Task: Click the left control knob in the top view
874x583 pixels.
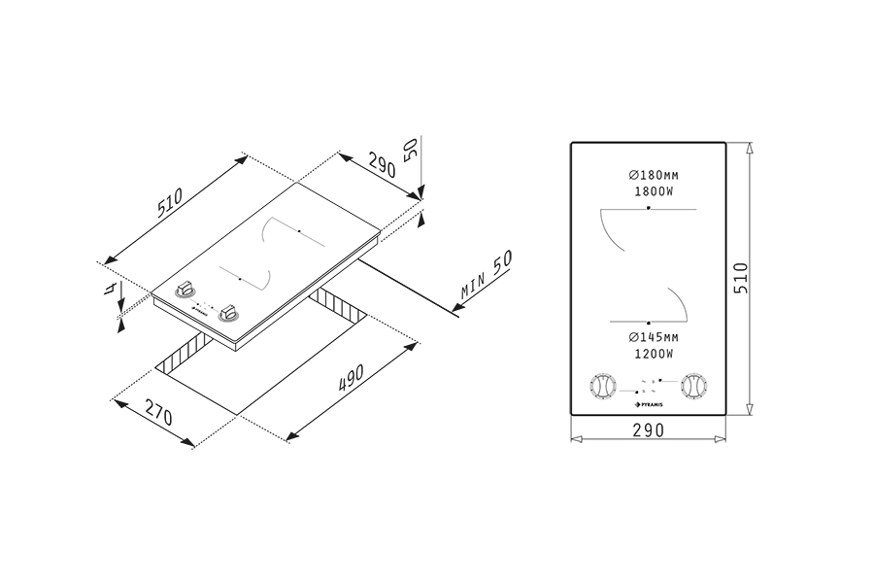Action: [x=602, y=386]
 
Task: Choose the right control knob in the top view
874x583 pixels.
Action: [x=694, y=386]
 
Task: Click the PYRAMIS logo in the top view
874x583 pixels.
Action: [x=649, y=404]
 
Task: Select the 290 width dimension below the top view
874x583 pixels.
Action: [x=649, y=430]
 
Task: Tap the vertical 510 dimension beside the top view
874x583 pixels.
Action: [x=741, y=279]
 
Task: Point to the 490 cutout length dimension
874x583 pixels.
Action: [x=351, y=378]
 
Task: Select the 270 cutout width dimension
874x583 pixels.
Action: [x=159, y=412]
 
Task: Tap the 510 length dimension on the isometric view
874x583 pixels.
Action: [x=170, y=203]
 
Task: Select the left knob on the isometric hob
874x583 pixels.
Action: [x=185, y=290]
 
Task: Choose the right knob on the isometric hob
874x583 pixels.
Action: [x=228, y=313]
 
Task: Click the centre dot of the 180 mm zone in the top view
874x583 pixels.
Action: [x=649, y=209]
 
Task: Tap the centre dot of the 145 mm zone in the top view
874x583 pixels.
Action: [x=649, y=323]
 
